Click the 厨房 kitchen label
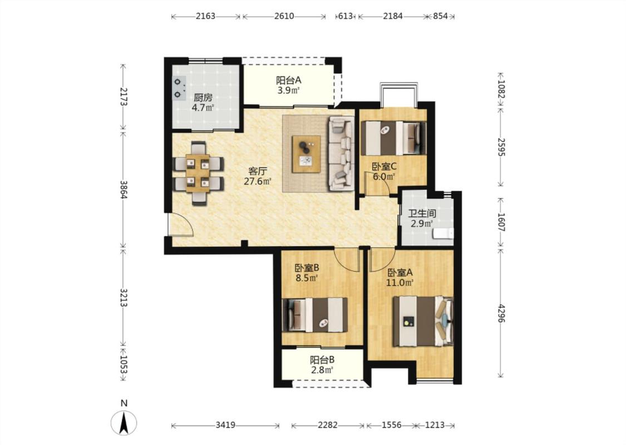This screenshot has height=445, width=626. pyautogui.click(x=203, y=97)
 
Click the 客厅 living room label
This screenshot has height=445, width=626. pyautogui.click(x=258, y=172)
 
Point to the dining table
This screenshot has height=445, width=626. pyautogui.click(x=198, y=173)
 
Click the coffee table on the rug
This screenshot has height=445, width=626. pyautogui.click(x=306, y=154)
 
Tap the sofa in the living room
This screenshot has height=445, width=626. pyautogui.click(x=341, y=154)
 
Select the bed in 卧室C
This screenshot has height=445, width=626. pyautogui.click(x=393, y=138)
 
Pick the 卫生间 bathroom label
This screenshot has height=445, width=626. pyautogui.click(x=422, y=214)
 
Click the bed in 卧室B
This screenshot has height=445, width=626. pyautogui.click(x=315, y=315)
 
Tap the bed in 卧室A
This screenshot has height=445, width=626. pyautogui.click(x=423, y=321)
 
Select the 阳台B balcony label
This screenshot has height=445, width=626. pyautogui.click(x=322, y=360)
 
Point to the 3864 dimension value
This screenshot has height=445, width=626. pyautogui.click(x=124, y=190)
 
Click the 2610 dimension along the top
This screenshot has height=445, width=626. pyautogui.click(x=284, y=16)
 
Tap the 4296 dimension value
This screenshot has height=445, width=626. pyautogui.click(x=501, y=314)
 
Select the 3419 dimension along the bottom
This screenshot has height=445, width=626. pyautogui.click(x=225, y=426)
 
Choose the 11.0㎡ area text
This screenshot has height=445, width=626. pyautogui.click(x=399, y=283)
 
